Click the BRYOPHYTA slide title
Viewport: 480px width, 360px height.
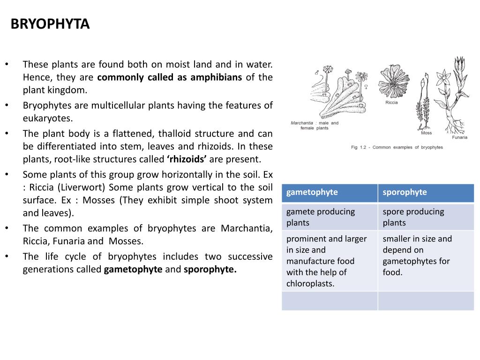click(50, 24)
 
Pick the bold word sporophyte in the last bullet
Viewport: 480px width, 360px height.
click(210, 270)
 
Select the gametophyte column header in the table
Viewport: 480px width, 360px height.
click(312, 192)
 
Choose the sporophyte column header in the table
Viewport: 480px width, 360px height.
click(405, 192)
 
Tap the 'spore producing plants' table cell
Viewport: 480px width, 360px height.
click(413, 217)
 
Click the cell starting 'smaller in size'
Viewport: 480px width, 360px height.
click(417, 255)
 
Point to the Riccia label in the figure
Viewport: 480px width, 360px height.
click(391, 103)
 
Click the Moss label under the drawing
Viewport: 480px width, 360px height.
click(426, 133)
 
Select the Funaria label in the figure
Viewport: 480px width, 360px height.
click(459, 137)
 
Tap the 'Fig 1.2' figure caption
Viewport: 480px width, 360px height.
click(397, 147)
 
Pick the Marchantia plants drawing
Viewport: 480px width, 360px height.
click(338, 94)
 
